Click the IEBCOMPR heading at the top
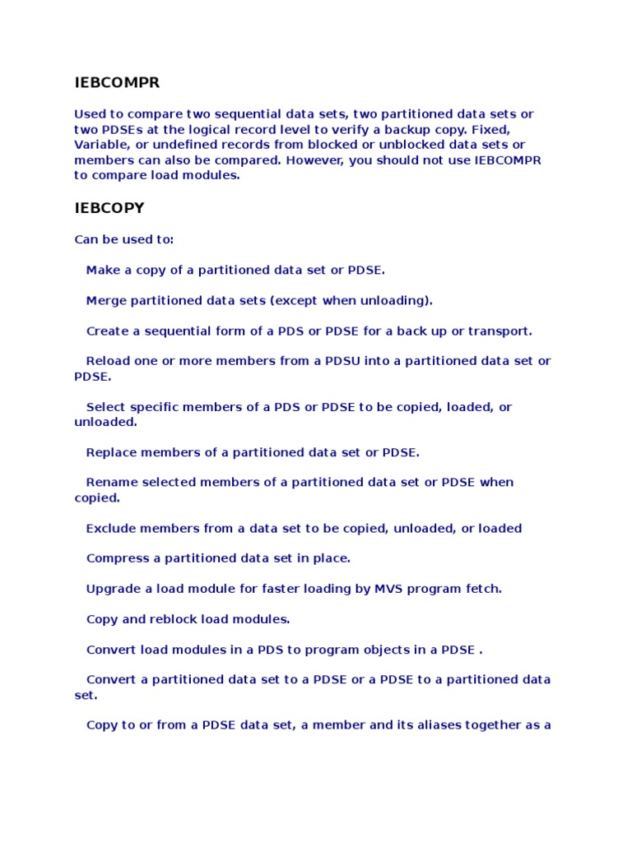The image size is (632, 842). tap(117, 83)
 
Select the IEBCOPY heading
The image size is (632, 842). tap(109, 208)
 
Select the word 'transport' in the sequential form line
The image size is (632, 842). tap(500, 331)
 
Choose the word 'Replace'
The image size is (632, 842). tap(111, 452)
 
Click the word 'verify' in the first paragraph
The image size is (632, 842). tap(355, 130)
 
